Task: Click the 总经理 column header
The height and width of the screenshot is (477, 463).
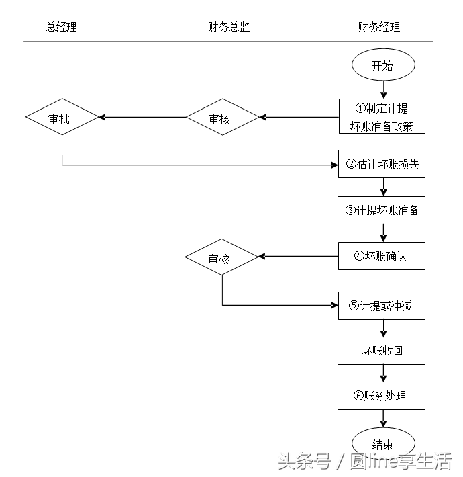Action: point(61,28)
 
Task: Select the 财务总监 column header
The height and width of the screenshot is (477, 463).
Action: point(229,28)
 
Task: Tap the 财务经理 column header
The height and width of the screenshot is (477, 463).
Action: point(379,28)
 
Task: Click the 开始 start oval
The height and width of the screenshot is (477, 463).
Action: point(382,65)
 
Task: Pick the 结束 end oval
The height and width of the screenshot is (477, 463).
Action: point(382,443)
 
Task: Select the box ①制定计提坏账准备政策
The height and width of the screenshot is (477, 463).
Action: point(381,117)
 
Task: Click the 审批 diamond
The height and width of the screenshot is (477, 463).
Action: point(62,118)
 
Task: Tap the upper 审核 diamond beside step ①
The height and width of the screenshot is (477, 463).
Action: point(222,118)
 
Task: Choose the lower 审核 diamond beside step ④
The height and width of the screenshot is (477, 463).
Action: point(222,258)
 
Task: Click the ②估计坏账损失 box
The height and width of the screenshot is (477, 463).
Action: point(381,164)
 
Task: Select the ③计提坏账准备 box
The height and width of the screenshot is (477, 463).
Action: point(381,210)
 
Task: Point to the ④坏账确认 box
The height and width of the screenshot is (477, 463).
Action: point(381,256)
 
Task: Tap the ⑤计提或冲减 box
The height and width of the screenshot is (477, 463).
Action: point(381,306)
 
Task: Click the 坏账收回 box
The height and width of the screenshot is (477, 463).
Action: point(381,351)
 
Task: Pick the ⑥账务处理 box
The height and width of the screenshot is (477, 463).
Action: point(381,396)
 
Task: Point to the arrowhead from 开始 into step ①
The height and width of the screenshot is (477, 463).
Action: point(382,94)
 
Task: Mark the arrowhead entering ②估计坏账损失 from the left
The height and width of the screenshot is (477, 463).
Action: point(333,165)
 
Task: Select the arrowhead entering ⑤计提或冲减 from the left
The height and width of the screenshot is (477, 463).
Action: point(333,306)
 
